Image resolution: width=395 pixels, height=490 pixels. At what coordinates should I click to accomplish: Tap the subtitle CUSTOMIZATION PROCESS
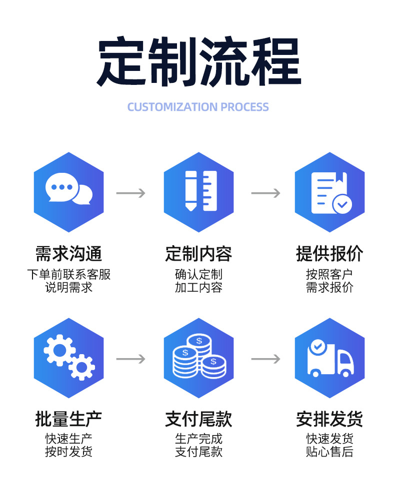[198, 107]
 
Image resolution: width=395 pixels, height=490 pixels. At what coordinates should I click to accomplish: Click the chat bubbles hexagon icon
[69, 192]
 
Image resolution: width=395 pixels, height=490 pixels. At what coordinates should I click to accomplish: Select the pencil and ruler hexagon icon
[198, 192]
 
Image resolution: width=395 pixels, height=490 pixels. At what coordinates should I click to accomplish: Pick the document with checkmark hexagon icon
[329, 192]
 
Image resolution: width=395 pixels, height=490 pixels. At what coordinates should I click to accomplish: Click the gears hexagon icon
[69, 358]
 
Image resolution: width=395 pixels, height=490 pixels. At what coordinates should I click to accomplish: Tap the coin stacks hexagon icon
[198, 358]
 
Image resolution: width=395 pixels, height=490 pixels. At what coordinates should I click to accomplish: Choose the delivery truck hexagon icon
[329, 358]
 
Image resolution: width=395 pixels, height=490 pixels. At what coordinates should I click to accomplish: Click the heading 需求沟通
[69, 254]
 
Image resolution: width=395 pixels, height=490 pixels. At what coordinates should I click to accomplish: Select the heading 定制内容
[198, 254]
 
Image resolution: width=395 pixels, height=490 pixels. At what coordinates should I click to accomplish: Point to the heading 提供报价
[329, 254]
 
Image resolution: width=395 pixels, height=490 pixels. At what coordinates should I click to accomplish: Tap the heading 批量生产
[69, 419]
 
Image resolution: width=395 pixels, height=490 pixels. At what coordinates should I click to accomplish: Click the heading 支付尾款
[198, 419]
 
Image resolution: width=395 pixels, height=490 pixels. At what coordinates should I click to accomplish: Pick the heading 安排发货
[329, 419]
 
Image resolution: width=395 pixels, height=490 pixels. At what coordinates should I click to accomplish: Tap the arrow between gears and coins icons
[130, 359]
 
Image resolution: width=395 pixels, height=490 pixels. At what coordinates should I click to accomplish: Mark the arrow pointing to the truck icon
[265, 359]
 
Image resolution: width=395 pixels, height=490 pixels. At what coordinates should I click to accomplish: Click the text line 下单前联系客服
[69, 274]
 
